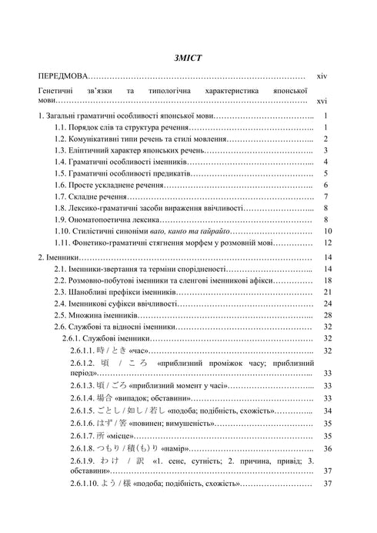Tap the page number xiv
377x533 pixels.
click(322, 77)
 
